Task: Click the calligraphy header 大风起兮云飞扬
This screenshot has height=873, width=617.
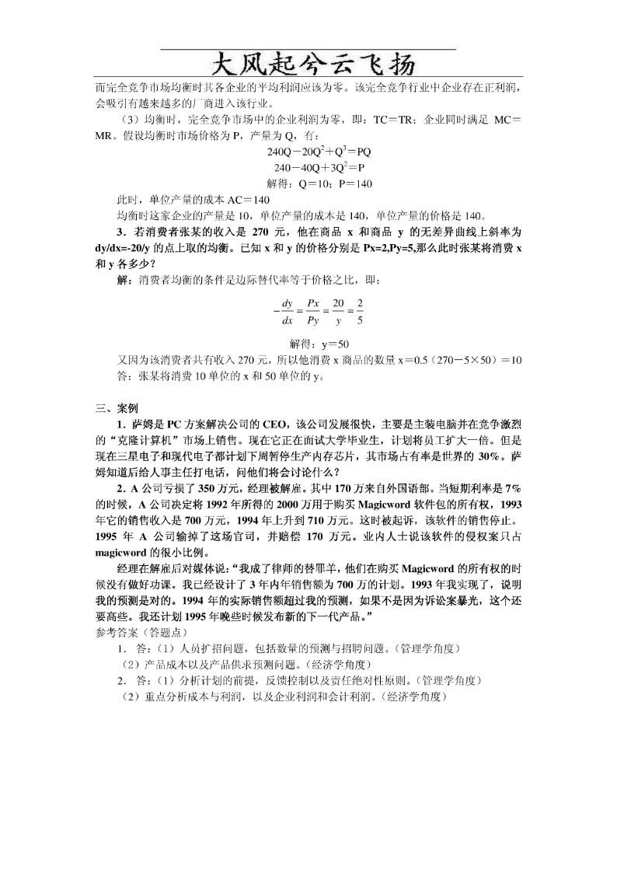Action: click(308, 63)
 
